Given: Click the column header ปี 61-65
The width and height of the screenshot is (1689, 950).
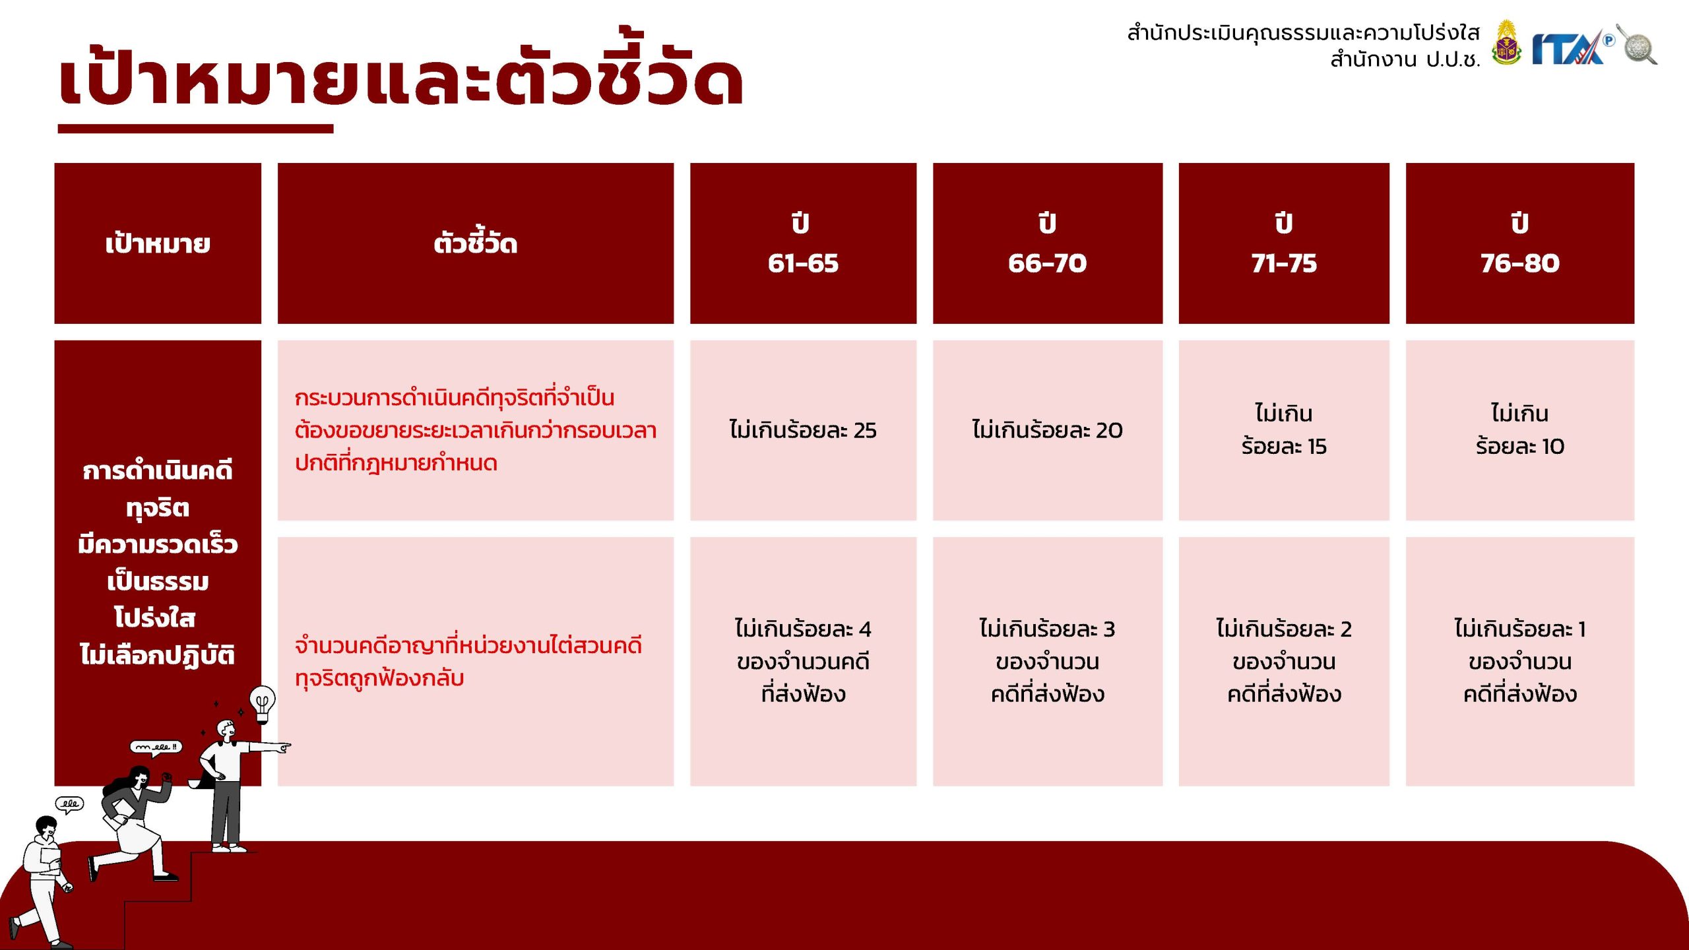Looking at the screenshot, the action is [803, 243].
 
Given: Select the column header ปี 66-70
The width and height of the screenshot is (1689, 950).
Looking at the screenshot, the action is [1047, 243].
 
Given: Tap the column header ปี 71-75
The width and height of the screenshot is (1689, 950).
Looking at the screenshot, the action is [1284, 243].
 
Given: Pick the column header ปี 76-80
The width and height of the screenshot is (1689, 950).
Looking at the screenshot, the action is [1520, 243].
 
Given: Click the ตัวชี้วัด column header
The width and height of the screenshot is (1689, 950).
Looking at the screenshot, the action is [476, 243].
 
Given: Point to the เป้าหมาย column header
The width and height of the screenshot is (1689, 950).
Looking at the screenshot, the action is [158, 243].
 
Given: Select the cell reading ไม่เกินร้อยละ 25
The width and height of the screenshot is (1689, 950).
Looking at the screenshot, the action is [803, 430].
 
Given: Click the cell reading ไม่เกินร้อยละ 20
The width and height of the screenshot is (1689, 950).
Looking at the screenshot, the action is [1047, 430].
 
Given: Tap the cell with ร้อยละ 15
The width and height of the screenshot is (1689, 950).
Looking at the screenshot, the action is [1284, 430].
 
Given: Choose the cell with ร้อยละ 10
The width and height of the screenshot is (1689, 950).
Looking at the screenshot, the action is [1520, 430].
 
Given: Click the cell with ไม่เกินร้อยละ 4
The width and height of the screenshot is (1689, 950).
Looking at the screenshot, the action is [803, 661].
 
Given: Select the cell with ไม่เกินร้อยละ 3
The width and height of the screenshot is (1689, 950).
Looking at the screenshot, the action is [1047, 661].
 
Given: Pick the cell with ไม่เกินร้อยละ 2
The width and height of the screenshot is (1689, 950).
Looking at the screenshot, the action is [1284, 661].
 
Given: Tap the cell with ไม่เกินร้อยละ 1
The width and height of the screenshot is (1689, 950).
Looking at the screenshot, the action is [1520, 661].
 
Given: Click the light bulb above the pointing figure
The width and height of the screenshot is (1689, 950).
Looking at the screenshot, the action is [262, 703].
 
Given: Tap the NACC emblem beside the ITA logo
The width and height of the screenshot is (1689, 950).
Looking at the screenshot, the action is [1506, 43].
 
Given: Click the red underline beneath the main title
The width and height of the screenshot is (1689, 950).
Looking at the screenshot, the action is [195, 129].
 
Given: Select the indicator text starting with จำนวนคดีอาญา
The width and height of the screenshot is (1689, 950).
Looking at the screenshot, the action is [468, 662].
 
